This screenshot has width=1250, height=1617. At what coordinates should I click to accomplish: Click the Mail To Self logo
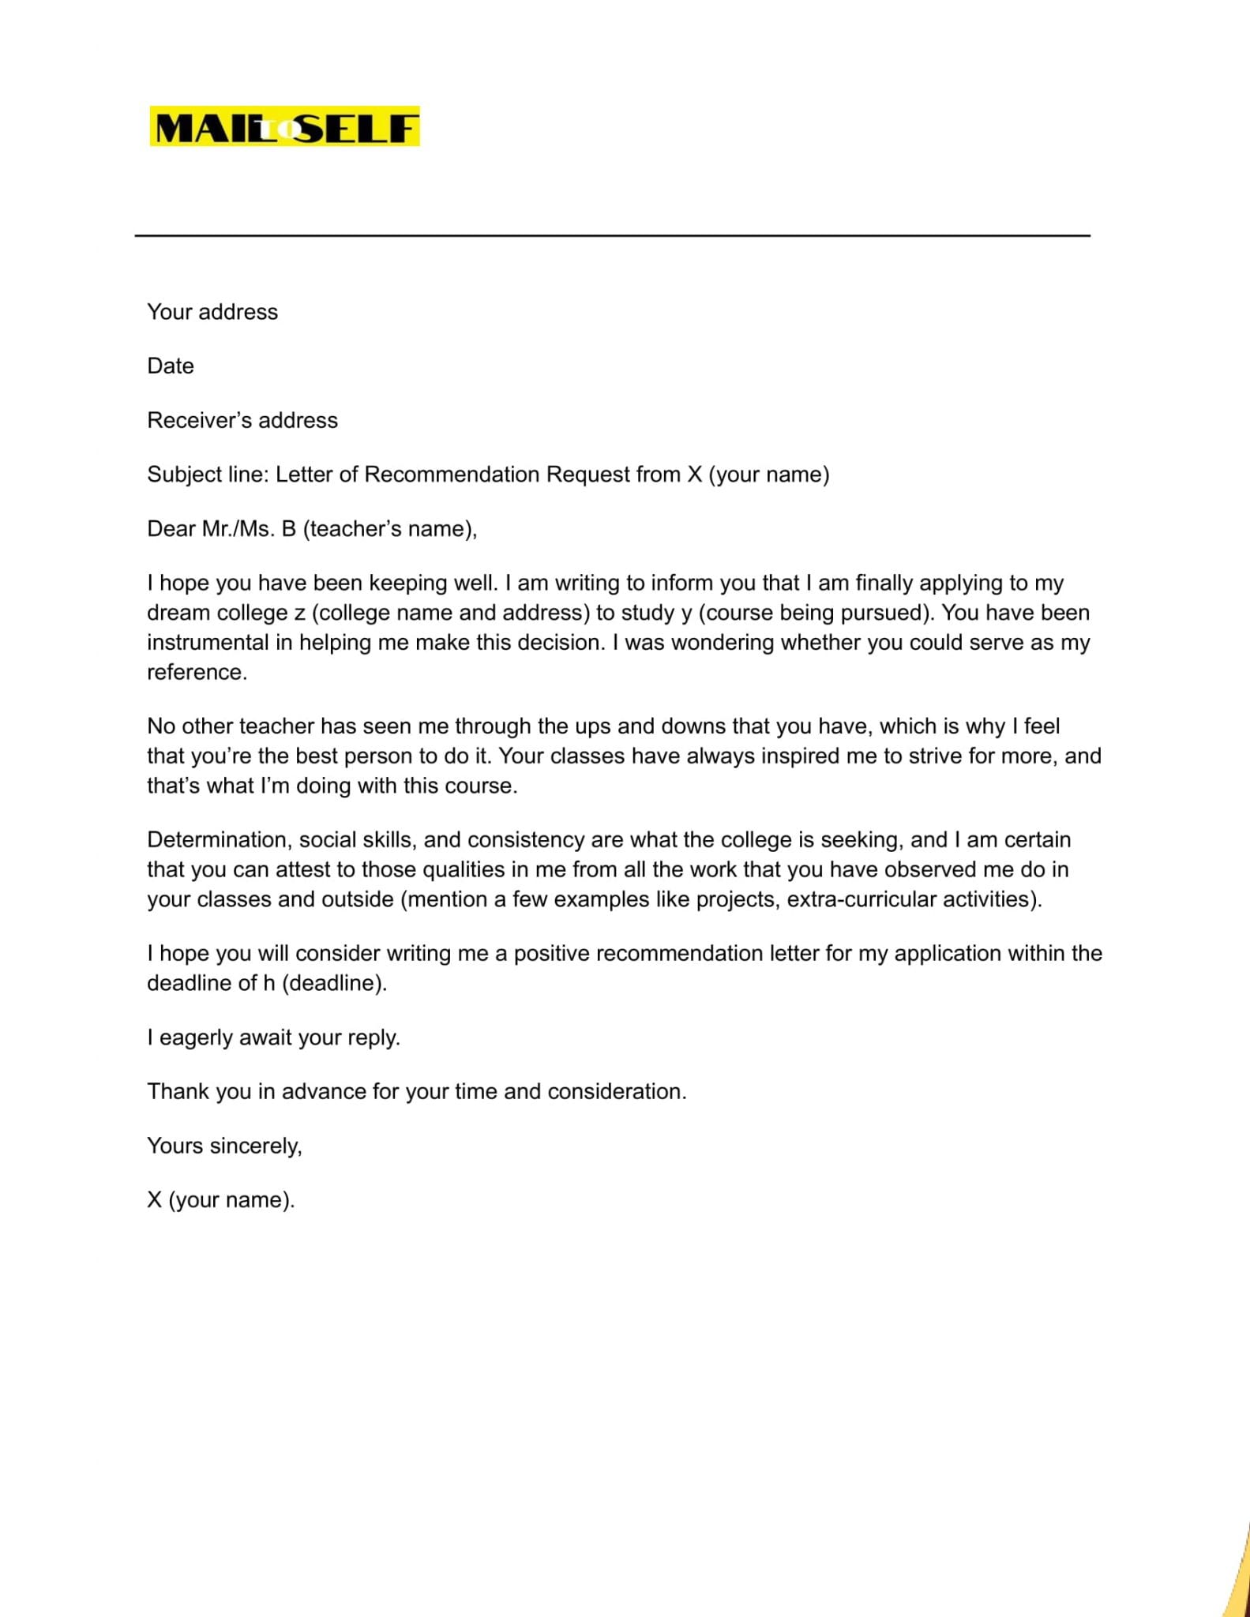click(284, 127)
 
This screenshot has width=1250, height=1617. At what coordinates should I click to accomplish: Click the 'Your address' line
click(212, 312)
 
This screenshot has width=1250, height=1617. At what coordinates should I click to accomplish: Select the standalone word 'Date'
click(171, 366)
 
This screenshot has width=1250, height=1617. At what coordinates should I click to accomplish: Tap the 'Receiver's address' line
click(242, 420)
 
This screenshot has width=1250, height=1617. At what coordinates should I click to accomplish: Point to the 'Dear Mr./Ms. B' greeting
click(312, 529)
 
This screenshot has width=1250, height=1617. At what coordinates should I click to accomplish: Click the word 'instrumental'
click(208, 643)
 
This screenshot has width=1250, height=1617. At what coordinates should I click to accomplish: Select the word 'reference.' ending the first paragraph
click(197, 673)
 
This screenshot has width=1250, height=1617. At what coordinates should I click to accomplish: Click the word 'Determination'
click(216, 839)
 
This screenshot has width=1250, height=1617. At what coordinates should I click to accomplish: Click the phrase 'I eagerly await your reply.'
click(274, 1037)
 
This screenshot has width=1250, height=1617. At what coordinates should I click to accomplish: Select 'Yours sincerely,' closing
click(224, 1146)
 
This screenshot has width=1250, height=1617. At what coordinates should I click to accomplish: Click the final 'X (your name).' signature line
click(220, 1200)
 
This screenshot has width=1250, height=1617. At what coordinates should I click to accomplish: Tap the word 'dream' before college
click(175, 613)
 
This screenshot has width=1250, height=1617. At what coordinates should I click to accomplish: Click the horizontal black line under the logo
click(612, 235)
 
